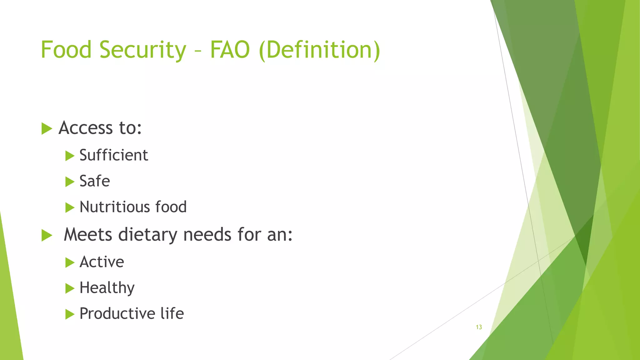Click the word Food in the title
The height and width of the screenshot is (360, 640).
click(x=66, y=50)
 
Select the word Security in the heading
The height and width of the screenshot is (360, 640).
click(x=143, y=50)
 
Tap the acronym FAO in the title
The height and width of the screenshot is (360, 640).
click(x=230, y=50)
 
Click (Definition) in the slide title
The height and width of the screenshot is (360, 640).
click(x=320, y=50)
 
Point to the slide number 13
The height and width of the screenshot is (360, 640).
click(x=479, y=327)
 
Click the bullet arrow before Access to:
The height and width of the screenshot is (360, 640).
click(x=47, y=128)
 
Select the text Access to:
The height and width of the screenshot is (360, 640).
click(x=100, y=128)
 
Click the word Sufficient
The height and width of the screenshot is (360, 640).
click(x=114, y=155)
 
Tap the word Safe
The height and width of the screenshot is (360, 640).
click(x=95, y=181)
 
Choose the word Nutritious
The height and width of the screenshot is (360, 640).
click(x=114, y=207)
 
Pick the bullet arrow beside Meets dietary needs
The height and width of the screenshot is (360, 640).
click(x=47, y=235)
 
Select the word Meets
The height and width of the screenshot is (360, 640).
click(x=88, y=235)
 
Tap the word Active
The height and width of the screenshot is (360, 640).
click(x=102, y=262)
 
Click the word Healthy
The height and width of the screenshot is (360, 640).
click(x=107, y=288)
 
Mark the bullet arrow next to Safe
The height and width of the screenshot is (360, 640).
click(x=70, y=182)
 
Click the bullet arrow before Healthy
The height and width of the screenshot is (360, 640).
click(x=70, y=288)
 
